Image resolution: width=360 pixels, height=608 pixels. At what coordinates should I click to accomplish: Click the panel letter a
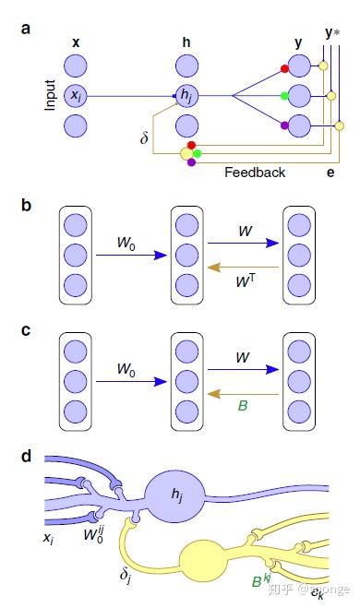coord(26,29)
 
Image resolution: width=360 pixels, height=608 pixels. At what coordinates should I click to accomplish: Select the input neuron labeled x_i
coord(77,95)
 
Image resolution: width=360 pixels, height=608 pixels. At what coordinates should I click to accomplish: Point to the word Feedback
coord(255,173)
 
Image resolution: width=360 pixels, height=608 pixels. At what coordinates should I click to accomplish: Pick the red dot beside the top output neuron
coord(284,68)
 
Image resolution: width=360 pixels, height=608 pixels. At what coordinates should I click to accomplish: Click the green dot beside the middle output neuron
coord(284,95)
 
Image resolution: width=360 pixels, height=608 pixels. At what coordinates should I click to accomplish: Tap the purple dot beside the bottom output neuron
coord(284,123)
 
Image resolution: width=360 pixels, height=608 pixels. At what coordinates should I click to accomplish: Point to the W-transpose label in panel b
coord(245,274)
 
